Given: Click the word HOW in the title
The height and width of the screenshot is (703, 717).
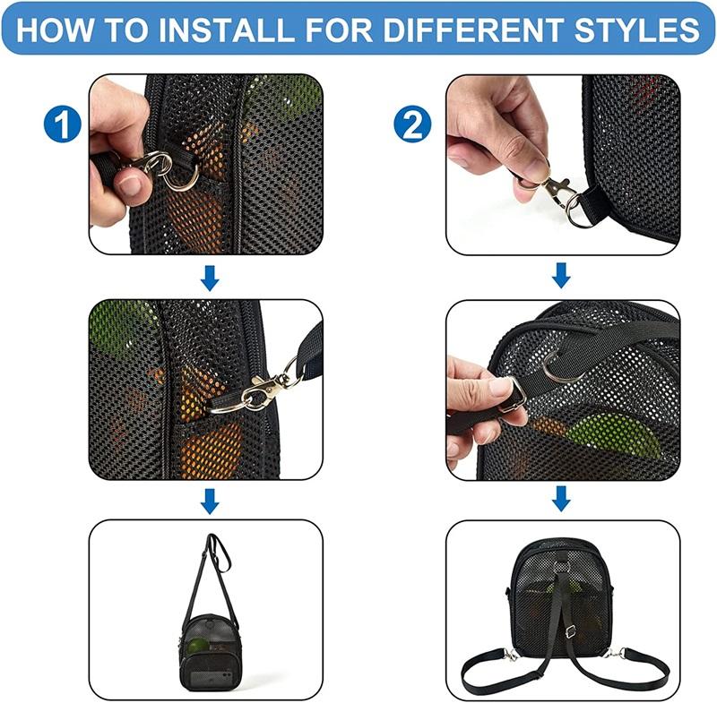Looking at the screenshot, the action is (54, 30).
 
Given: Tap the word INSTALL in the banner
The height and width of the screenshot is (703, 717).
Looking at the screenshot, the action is (226, 30).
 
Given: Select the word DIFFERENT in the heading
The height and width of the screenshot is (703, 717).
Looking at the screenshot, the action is (473, 30).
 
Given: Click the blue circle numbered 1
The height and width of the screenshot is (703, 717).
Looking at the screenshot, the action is (63, 124).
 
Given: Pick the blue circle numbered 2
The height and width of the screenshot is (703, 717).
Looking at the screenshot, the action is (412, 124).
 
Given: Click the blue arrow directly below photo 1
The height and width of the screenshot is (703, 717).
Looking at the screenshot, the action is (210, 278).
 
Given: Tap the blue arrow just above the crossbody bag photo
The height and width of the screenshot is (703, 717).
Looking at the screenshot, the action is (210, 501).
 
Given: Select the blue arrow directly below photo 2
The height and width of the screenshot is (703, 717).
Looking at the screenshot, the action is (562, 275).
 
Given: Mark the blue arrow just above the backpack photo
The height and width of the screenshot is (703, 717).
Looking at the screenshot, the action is (562, 498).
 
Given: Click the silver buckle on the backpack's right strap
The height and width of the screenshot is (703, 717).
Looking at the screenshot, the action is (570, 632).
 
